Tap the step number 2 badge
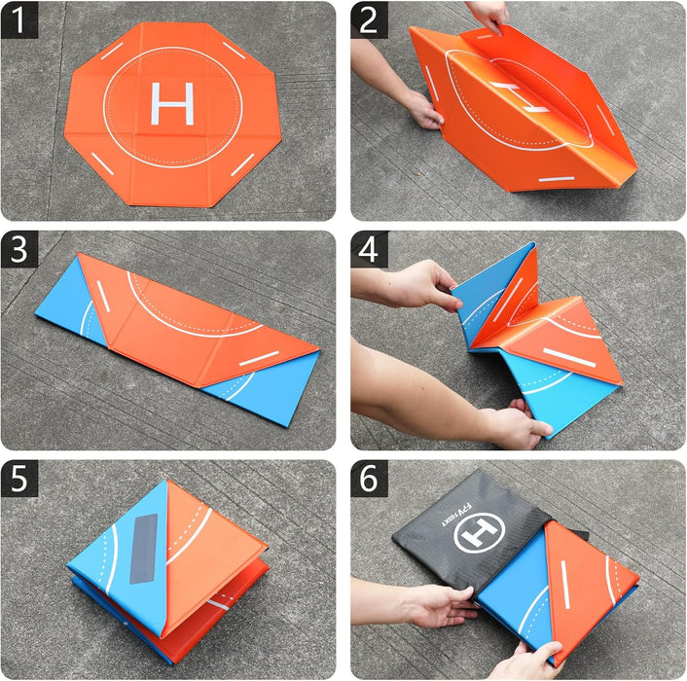click(370, 19)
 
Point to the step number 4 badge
click(370, 249)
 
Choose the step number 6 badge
click(370, 479)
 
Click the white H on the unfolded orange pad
click(173, 103)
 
